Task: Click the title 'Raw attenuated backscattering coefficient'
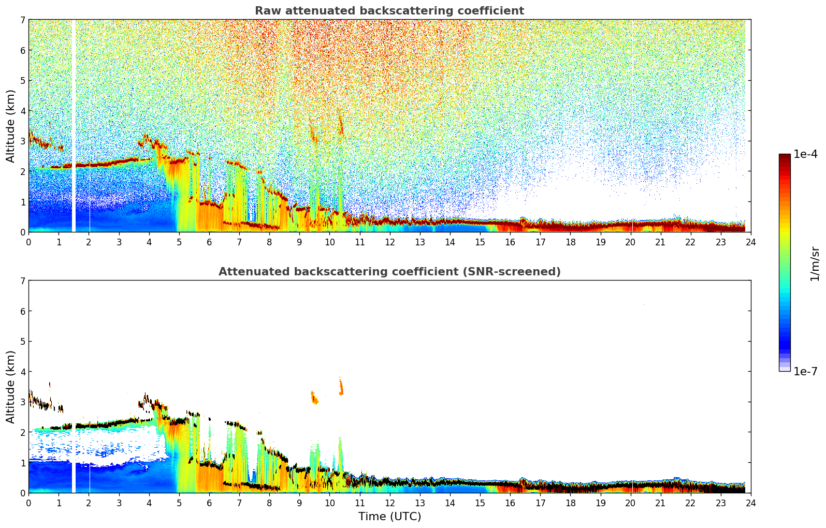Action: click(389, 11)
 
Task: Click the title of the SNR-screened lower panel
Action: click(389, 272)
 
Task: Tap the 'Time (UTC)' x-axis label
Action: click(389, 517)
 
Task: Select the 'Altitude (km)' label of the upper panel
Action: click(10, 126)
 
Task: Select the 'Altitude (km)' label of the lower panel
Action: click(10, 387)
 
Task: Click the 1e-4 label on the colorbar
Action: click(805, 154)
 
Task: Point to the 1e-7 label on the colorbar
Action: click(805, 371)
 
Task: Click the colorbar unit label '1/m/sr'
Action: click(815, 263)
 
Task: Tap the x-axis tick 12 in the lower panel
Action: click(389, 503)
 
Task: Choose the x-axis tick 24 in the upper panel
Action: click(750, 242)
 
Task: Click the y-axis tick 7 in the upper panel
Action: click(22, 20)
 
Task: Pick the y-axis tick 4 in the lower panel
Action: click(22, 372)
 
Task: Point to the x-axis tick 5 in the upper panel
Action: click(179, 242)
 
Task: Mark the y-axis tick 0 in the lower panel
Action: click(22, 493)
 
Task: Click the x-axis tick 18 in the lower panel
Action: click(570, 503)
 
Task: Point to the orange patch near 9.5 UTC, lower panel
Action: click(314, 397)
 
